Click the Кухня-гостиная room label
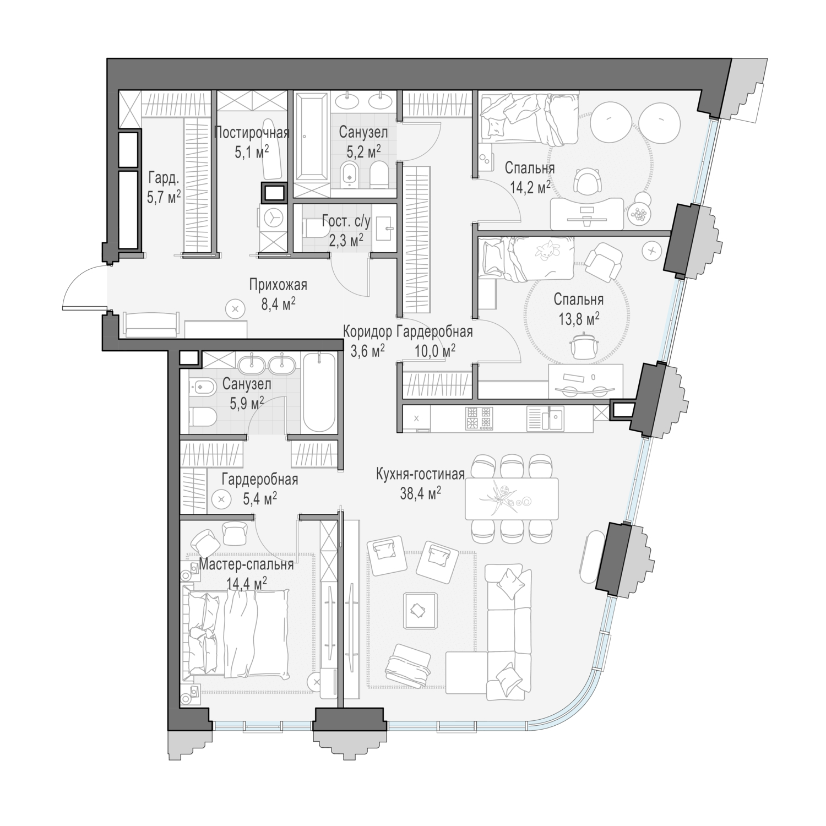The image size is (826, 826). [x=421, y=474]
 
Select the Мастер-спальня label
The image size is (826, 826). [x=246, y=564]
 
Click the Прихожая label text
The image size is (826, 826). [x=278, y=285]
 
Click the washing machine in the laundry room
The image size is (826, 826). [x=272, y=219]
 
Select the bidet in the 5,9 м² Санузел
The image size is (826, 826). [x=200, y=389]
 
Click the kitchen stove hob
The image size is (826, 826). [x=479, y=417]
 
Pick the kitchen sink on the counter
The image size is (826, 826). [x=545, y=418]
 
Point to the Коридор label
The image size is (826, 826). [x=367, y=332]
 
